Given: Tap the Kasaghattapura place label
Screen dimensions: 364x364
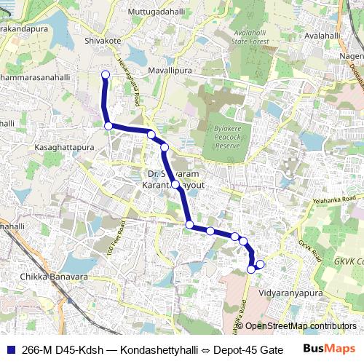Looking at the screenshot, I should (65, 147).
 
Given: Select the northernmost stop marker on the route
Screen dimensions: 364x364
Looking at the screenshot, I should (105, 74).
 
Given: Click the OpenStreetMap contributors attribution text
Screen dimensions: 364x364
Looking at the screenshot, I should (300, 326).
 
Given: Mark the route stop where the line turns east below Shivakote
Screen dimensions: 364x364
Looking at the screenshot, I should (108, 126).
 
